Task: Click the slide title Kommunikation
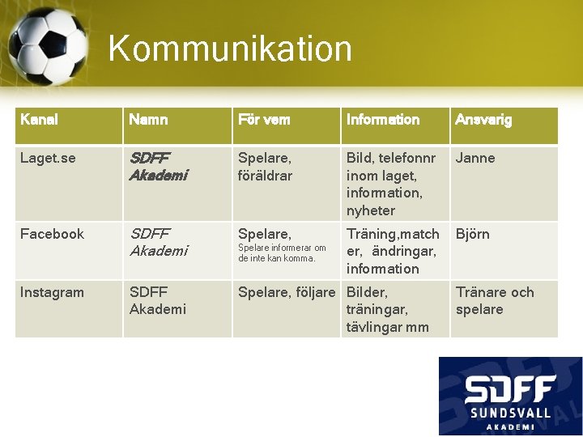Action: [230, 48]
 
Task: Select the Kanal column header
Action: [39, 120]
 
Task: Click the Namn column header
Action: [148, 120]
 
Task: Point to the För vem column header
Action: [264, 120]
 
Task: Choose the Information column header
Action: [383, 120]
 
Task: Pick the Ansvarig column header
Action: [483, 120]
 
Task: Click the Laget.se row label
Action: [48, 158]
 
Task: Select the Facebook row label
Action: [52, 234]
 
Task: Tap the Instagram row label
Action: [52, 292]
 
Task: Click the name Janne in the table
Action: [475, 158]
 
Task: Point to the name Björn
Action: [473, 234]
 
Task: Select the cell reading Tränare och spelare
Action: [495, 301]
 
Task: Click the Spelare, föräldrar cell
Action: [265, 167]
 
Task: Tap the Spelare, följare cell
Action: [287, 292]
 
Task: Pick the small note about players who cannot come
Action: [282, 253]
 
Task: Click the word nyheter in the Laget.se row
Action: [371, 210]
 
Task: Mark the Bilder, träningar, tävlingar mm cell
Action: [387, 309]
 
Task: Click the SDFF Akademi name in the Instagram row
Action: [158, 301]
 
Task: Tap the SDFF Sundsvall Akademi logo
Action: [510, 396]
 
